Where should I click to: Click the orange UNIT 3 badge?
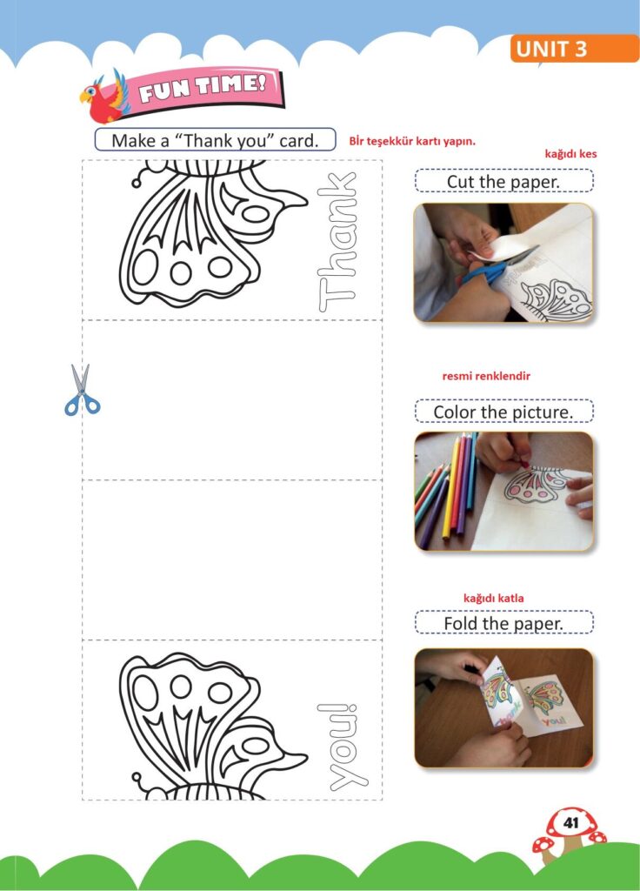click(574, 49)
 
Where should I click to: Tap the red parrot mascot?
click(104, 97)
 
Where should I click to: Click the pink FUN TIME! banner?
click(205, 90)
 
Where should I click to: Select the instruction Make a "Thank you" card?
click(216, 140)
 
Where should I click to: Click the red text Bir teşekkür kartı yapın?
click(412, 141)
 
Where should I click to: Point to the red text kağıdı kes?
click(570, 154)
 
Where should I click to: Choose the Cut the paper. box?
click(503, 181)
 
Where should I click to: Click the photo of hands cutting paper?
click(503, 263)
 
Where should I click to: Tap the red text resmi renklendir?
click(486, 376)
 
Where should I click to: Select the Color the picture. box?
click(503, 412)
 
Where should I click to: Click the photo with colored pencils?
click(503, 492)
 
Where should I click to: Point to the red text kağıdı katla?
click(494, 598)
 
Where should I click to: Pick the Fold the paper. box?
click(503, 623)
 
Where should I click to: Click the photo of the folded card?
click(503, 708)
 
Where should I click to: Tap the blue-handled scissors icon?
click(82, 391)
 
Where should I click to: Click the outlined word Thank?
click(337, 242)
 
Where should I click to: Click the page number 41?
click(570, 822)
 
